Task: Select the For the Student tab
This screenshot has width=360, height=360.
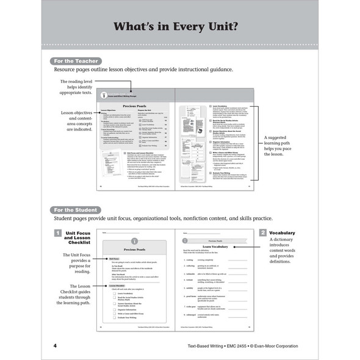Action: pos(76,209)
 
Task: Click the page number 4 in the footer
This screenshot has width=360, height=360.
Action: pos(55,346)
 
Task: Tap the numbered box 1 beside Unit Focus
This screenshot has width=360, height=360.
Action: pos(56,233)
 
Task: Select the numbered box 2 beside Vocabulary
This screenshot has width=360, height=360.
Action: pos(262,233)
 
